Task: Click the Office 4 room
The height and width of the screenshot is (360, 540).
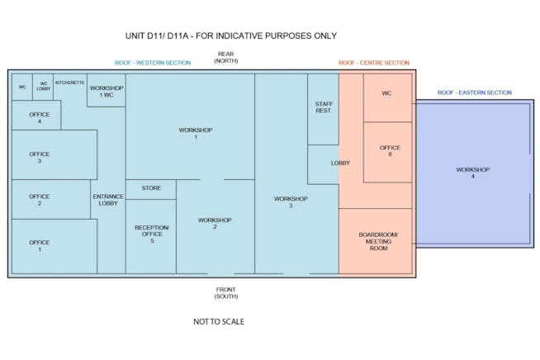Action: tap(36, 115)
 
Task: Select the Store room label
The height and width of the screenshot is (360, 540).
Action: tap(151, 188)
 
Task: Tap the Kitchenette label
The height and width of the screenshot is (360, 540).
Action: tap(70, 83)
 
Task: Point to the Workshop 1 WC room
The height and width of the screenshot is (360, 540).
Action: tap(106, 90)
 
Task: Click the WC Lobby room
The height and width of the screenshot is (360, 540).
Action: tap(43, 87)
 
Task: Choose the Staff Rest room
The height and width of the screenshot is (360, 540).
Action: tap(323, 109)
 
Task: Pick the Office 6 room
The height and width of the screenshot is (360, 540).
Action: tap(388, 152)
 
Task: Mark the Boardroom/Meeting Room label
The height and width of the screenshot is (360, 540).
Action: tap(378, 241)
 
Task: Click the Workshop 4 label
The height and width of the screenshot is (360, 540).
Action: tap(473, 173)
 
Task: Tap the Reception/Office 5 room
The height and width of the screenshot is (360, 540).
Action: tap(151, 236)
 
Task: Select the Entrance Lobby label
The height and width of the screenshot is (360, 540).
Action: tap(108, 200)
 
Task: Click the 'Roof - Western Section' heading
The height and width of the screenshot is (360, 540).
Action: tap(153, 63)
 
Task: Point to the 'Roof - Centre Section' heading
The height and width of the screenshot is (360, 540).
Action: tap(374, 63)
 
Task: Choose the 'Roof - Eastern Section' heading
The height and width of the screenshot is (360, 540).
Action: tap(475, 92)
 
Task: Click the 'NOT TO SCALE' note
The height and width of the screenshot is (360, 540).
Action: tap(219, 322)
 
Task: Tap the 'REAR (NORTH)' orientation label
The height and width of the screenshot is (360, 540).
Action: tap(226, 57)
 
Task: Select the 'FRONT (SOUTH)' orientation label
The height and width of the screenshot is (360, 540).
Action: tap(226, 293)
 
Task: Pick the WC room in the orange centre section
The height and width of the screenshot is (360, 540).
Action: tap(388, 97)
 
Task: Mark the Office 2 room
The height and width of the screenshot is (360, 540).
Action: tap(51, 199)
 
